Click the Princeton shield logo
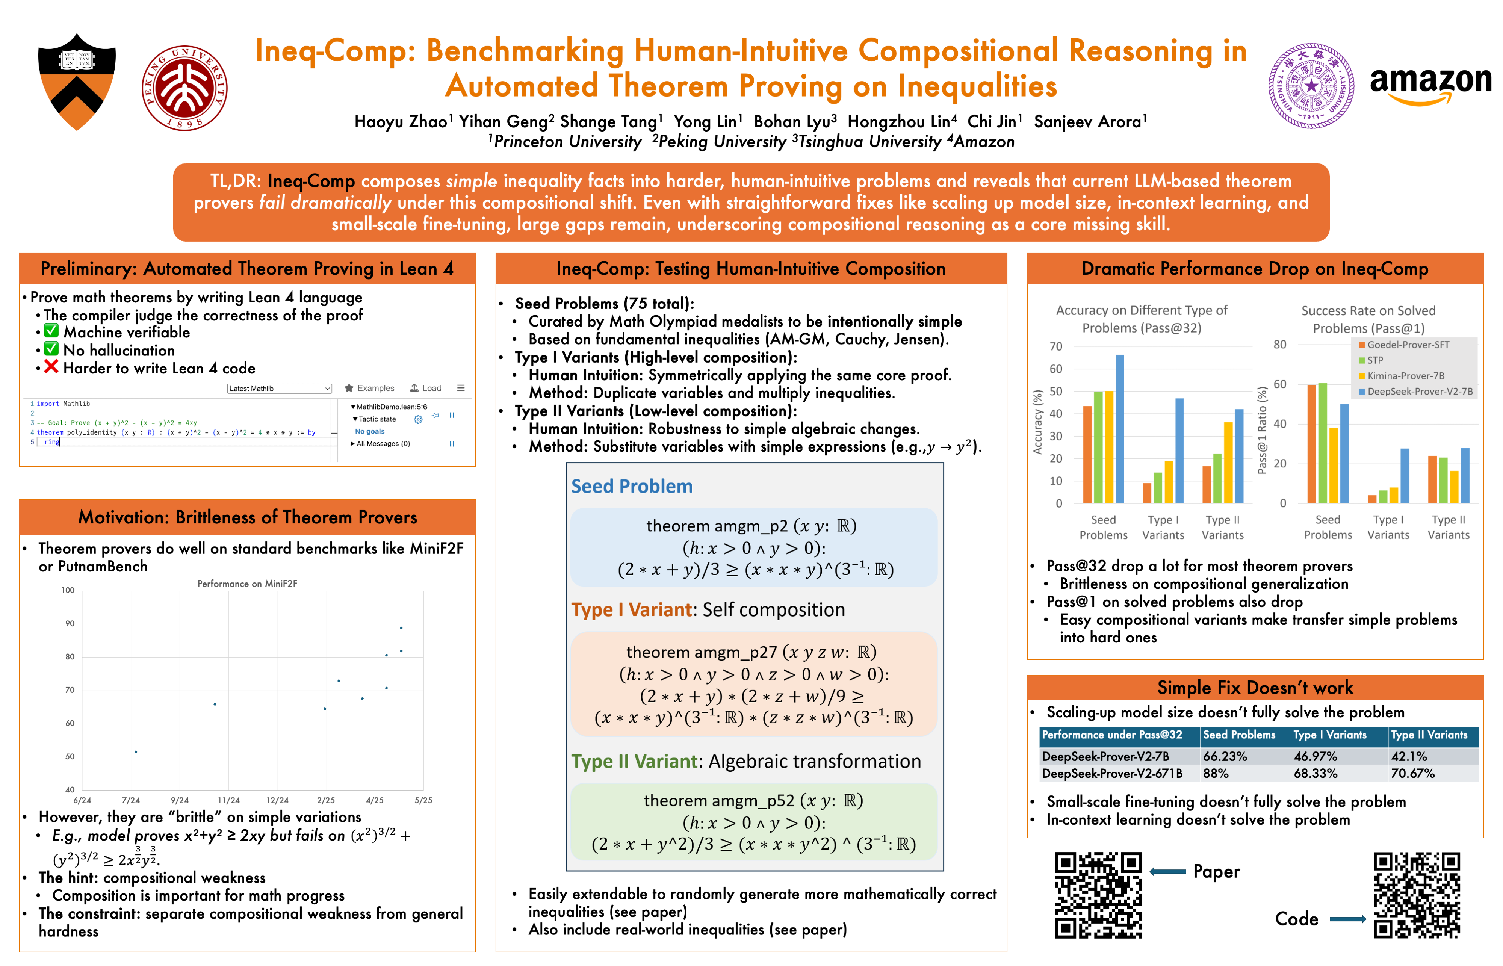(x=77, y=82)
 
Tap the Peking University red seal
(x=184, y=87)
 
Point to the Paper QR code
(x=1098, y=895)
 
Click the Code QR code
(x=1417, y=895)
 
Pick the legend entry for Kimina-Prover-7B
(x=1405, y=376)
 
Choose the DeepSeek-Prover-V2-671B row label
(x=1111, y=773)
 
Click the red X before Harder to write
(x=51, y=367)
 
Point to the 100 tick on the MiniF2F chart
(x=68, y=590)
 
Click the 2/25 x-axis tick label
(x=325, y=800)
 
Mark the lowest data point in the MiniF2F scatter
(x=136, y=751)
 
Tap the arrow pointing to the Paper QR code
(x=1167, y=872)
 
